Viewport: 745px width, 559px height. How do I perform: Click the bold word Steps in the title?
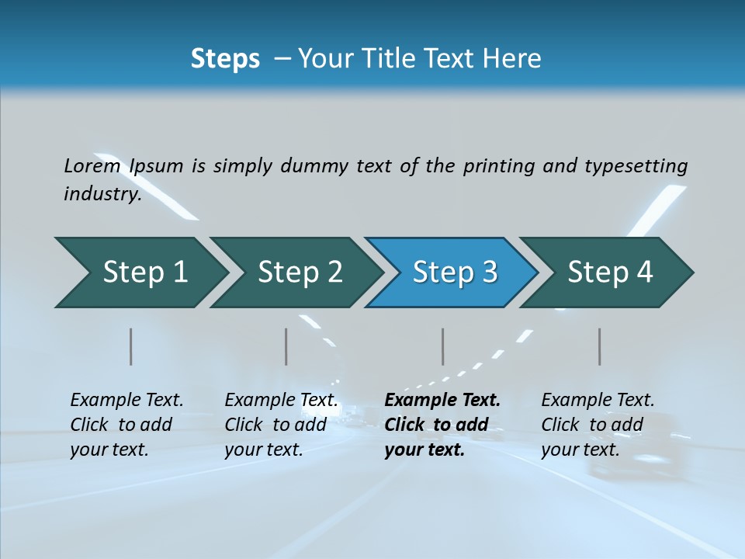tap(225, 59)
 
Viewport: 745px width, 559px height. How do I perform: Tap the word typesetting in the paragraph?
tap(636, 166)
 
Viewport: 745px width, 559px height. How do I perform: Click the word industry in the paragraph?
tap(102, 193)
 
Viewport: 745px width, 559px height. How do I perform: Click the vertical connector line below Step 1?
tap(131, 346)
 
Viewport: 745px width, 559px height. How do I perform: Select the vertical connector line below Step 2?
tap(286, 346)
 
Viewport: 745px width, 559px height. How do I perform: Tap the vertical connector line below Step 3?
tap(442, 346)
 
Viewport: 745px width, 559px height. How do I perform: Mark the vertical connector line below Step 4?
tap(599, 346)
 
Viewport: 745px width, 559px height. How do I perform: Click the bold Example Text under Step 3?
tap(442, 400)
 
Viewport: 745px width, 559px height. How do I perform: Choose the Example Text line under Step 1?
tap(126, 400)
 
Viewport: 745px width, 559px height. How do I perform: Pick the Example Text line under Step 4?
tap(598, 400)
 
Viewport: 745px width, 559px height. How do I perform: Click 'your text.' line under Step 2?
tap(263, 450)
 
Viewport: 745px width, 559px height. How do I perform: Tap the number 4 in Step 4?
tap(644, 273)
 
